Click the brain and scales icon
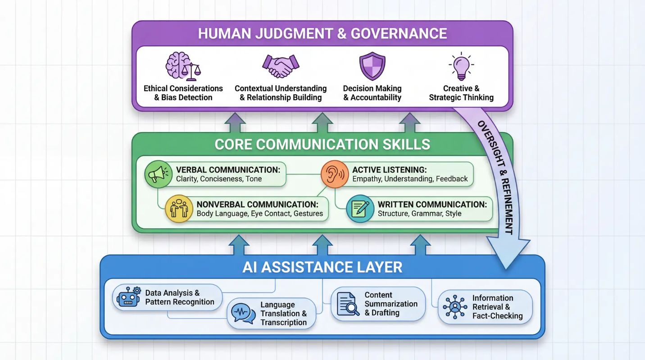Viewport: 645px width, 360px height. click(183, 67)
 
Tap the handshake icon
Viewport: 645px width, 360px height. click(281, 67)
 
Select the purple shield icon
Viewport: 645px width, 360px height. click(372, 66)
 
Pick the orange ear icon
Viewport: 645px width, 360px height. click(335, 174)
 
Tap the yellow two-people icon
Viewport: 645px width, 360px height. click(179, 209)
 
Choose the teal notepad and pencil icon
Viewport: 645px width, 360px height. click(360, 209)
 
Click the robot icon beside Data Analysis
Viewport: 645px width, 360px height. click(128, 297)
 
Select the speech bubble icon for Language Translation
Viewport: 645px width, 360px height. click(243, 313)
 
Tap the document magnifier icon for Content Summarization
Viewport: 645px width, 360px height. click(348, 304)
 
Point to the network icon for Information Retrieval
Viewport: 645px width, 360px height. click(455, 307)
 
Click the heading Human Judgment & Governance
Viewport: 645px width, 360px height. click(322, 34)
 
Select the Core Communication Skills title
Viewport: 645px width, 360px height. click(322, 144)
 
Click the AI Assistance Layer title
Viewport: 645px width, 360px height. click(322, 267)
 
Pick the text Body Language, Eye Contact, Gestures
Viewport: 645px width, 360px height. click(260, 214)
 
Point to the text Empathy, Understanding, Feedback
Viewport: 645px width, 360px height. click(410, 179)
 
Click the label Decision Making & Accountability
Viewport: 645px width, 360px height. click(372, 93)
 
